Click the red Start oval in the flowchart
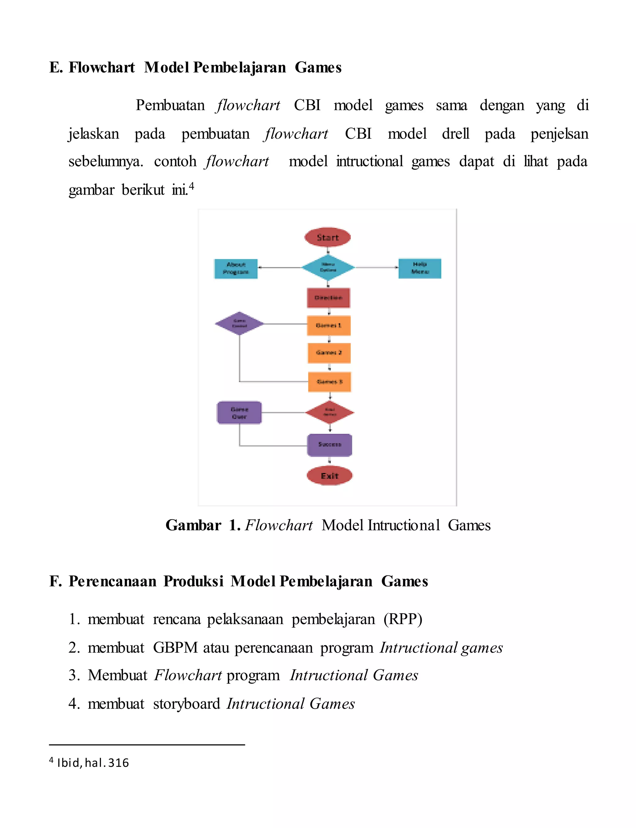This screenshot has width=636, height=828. pyautogui.click(x=327, y=237)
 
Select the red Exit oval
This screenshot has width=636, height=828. pyautogui.click(x=329, y=476)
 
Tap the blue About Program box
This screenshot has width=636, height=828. pyautogui.click(x=236, y=268)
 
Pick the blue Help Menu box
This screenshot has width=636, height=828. pyautogui.click(x=420, y=268)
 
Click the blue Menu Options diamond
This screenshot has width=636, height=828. pyautogui.click(x=328, y=268)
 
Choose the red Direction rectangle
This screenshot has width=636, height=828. pyautogui.click(x=328, y=298)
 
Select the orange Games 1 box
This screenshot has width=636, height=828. pyautogui.click(x=329, y=325)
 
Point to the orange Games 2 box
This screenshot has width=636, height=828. pyautogui.click(x=329, y=353)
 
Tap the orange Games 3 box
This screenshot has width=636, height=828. pyautogui.click(x=329, y=382)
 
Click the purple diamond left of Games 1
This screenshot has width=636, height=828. pyautogui.click(x=239, y=323)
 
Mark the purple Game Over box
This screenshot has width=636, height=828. pyautogui.click(x=239, y=413)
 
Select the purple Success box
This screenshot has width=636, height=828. pyautogui.click(x=329, y=445)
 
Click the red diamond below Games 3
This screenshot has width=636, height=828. pyautogui.click(x=330, y=413)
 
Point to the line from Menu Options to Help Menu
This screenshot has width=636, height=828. pyautogui.click(x=377, y=268)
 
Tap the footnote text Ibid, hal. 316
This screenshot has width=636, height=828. pyautogui.click(x=93, y=763)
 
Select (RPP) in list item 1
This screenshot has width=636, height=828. pyautogui.click(x=403, y=619)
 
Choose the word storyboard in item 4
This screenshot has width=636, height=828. pyautogui.click(x=186, y=704)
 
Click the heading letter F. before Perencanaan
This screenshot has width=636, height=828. pyautogui.click(x=55, y=581)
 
